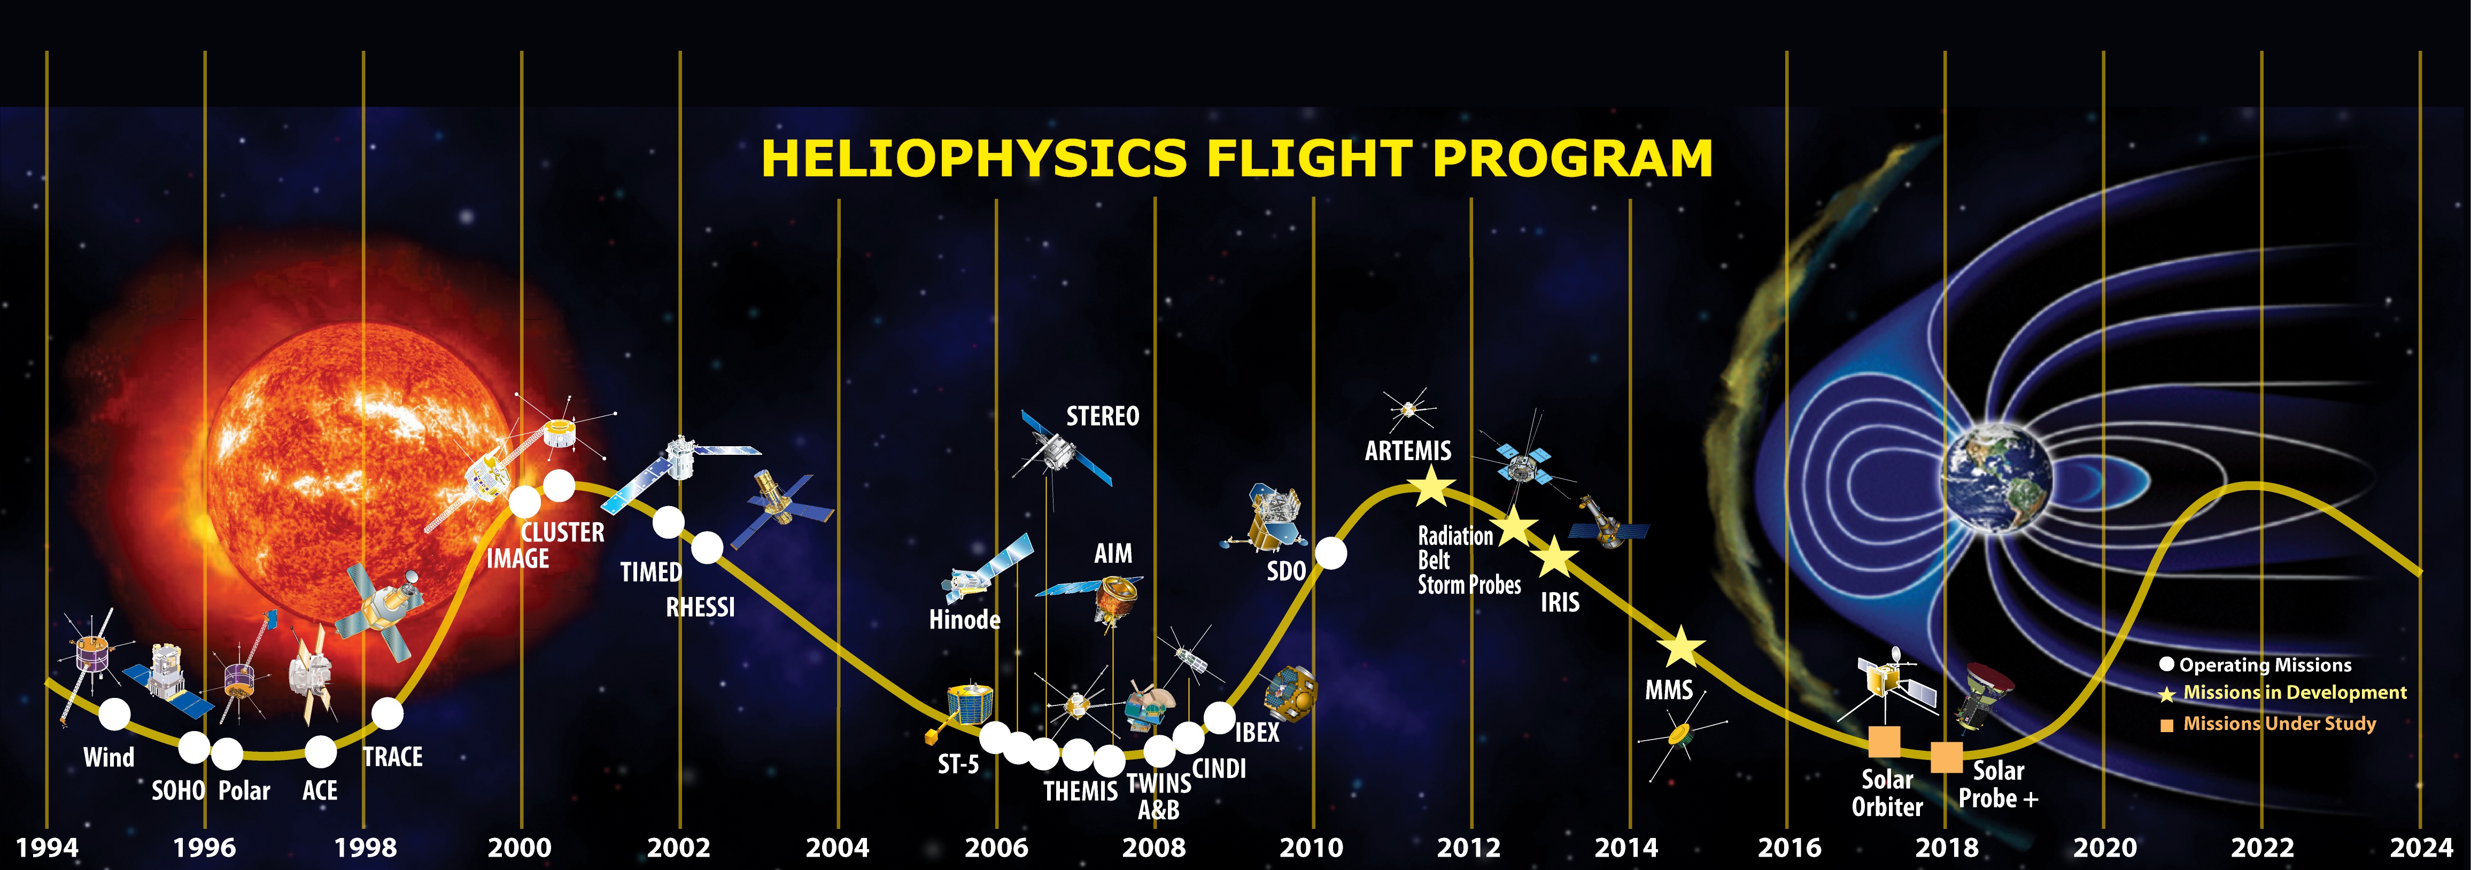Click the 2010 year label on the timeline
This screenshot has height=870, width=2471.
coord(1311,848)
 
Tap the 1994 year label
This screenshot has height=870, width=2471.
coord(47,848)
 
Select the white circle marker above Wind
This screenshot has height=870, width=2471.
coord(114,713)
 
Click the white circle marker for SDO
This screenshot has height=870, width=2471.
coord(1330,554)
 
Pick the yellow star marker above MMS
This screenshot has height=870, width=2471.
coord(1680,648)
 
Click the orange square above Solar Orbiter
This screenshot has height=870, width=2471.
coord(1885,741)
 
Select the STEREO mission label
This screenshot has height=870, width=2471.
coord(1103,416)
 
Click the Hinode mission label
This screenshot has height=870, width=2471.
coord(965,620)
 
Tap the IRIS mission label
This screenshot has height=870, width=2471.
coord(1560,602)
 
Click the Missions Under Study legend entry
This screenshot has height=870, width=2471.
coord(2268,724)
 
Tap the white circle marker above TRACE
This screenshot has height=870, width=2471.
coord(388,713)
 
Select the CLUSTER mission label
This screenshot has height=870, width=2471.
coord(563,532)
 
